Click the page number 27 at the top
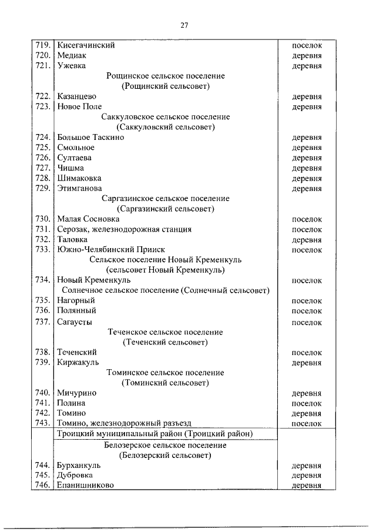(184, 24)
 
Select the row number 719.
(43, 45)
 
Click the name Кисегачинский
(86, 45)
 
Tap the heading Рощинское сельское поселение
(166, 76)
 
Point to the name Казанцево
(77, 96)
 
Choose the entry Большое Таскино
(90, 137)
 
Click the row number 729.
(43, 188)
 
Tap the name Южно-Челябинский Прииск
(111, 249)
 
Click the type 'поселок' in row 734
(307, 280)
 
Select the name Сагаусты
(74, 322)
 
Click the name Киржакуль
(78, 362)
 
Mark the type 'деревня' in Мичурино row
(307, 393)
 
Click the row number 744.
(43, 465)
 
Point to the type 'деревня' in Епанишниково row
(307, 485)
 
